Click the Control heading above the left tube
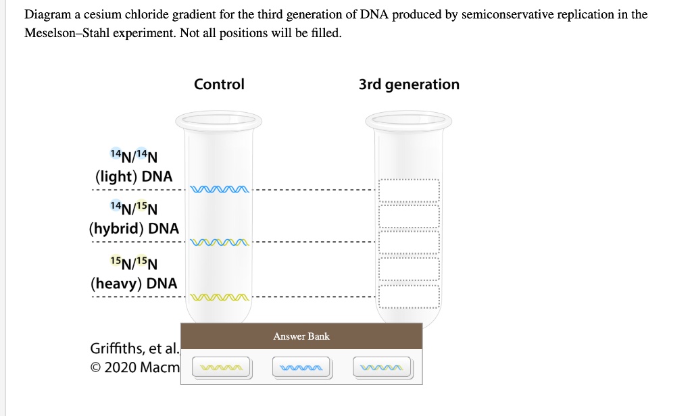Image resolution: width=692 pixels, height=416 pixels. (x=219, y=84)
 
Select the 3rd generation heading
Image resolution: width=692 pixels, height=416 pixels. (x=409, y=84)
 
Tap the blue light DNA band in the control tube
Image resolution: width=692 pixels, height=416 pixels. (x=221, y=189)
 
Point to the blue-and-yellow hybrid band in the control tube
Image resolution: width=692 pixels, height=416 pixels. (x=221, y=242)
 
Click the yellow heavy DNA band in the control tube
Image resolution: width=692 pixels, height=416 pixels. (x=221, y=296)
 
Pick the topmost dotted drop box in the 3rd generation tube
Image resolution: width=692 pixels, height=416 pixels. (x=409, y=190)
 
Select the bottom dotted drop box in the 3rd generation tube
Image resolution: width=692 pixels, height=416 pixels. (x=409, y=296)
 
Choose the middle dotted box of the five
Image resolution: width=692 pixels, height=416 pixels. (x=409, y=242)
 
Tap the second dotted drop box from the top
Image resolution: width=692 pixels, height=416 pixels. (x=409, y=216)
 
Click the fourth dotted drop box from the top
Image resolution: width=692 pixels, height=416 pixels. (x=409, y=269)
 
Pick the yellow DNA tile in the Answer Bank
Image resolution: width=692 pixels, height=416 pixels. (x=222, y=368)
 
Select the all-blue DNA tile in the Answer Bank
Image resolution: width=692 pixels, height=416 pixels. (x=301, y=368)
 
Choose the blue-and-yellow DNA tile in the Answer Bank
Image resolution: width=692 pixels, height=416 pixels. (x=382, y=368)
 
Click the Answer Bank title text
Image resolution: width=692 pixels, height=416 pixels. (x=301, y=336)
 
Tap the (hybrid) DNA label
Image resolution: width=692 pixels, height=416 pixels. (x=134, y=228)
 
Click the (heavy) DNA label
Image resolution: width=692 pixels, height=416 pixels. (x=134, y=283)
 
